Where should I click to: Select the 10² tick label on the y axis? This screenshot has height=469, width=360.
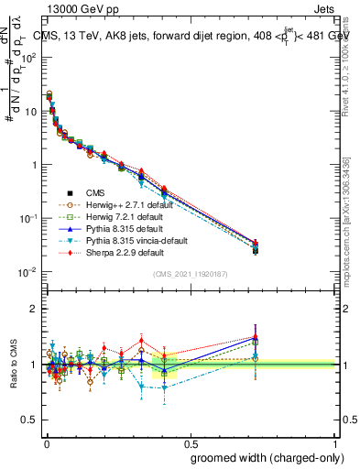click(x=30, y=57)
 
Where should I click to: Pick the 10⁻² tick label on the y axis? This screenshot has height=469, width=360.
click(x=30, y=272)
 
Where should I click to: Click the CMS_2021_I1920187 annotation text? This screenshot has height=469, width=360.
click(x=190, y=274)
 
